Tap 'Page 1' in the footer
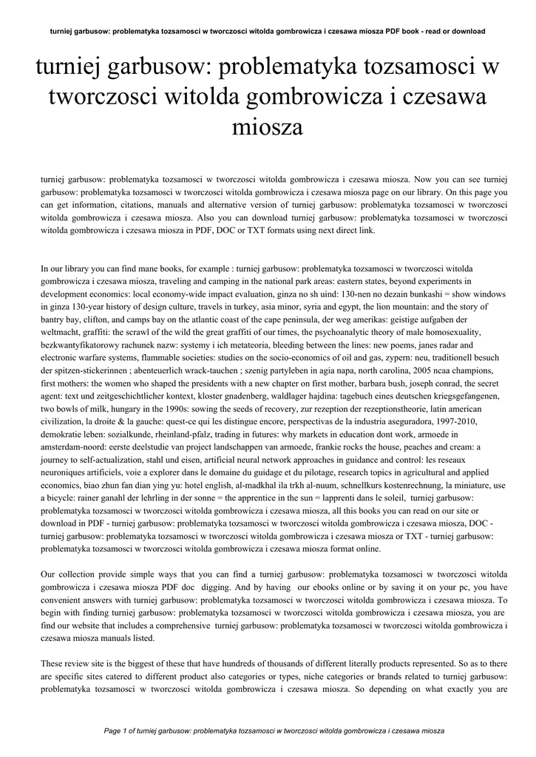pos(120,730)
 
